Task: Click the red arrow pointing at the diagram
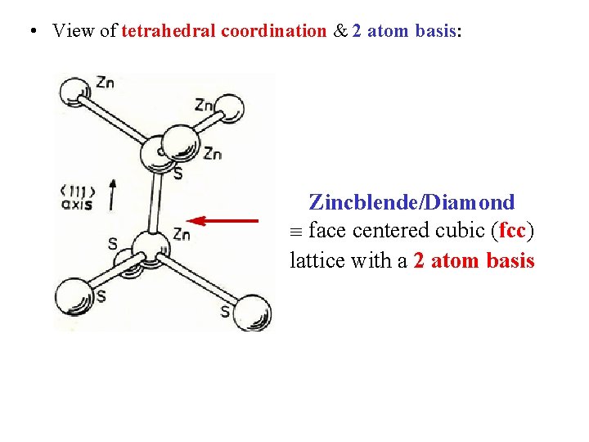point(224,219)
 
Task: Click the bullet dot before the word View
point(30,31)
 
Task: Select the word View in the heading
point(71,31)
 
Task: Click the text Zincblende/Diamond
point(411,202)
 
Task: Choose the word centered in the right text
point(392,231)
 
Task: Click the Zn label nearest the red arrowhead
point(181,236)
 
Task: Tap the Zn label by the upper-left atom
point(105,82)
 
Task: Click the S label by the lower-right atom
point(224,311)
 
